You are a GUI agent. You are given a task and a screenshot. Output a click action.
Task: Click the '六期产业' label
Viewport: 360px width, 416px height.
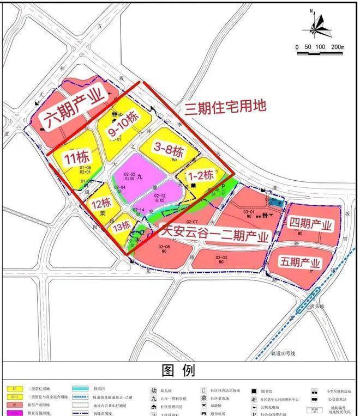pyautogui.click(x=75, y=108)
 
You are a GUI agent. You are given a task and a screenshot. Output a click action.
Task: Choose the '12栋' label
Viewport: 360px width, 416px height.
pyautogui.click(x=101, y=203)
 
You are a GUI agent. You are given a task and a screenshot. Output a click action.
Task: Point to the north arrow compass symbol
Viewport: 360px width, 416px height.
pyautogui.click(x=315, y=27)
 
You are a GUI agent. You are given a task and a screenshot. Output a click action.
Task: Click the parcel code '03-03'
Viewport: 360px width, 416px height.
pyautogui.click(x=221, y=258)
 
